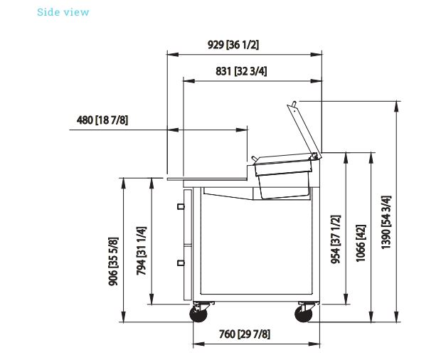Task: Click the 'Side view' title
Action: [x=63, y=12]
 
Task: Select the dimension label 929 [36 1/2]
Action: [x=233, y=45]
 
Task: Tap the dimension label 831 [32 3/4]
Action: [x=241, y=71]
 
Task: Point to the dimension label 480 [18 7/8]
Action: [x=102, y=120]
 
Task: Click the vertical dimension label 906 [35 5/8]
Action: [x=113, y=262]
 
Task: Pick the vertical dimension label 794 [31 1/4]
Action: [x=141, y=251]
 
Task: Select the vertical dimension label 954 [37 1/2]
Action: [x=336, y=240]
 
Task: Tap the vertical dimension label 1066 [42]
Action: [x=361, y=243]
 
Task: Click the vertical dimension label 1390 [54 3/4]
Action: [x=386, y=223]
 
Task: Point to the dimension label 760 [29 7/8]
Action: [x=245, y=334]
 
